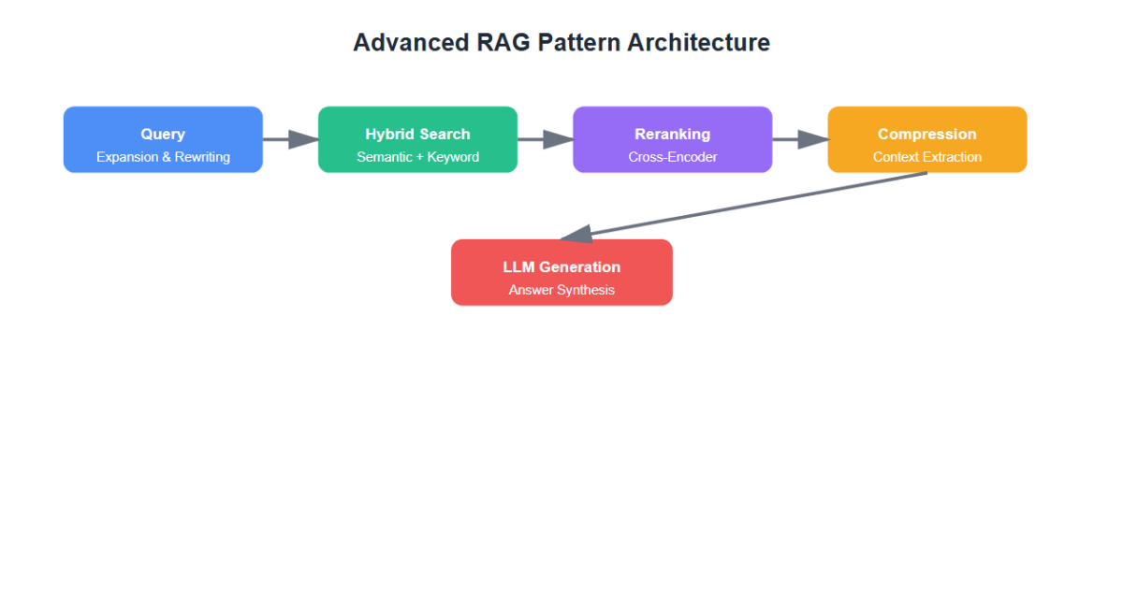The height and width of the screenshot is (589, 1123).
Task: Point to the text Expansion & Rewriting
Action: pos(163,157)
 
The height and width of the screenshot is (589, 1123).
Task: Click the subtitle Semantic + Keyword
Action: pos(417,157)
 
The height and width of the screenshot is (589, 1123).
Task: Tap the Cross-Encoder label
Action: pos(672,157)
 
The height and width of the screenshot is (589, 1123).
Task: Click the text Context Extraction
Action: pos(926,157)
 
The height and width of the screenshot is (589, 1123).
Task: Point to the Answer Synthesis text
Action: pos(561,290)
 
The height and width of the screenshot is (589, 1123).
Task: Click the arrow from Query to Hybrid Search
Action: pos(290,139)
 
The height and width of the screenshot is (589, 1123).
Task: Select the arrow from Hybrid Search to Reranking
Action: pos(545,139)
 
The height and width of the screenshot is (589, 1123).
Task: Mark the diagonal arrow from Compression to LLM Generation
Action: pos(744,206)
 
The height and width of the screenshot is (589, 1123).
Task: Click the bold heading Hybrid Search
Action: pos(417,135)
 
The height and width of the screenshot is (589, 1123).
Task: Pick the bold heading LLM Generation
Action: pos(561,267)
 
